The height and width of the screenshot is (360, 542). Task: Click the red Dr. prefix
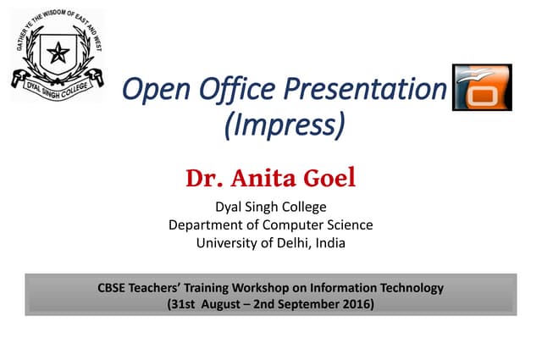click(203, 180)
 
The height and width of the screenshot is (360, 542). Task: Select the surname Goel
click(331, 180)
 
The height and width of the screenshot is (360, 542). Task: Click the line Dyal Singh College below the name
click(270, 207)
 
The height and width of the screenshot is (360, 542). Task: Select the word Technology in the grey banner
click(410, 288)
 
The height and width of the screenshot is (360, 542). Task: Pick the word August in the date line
click(223, 304)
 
